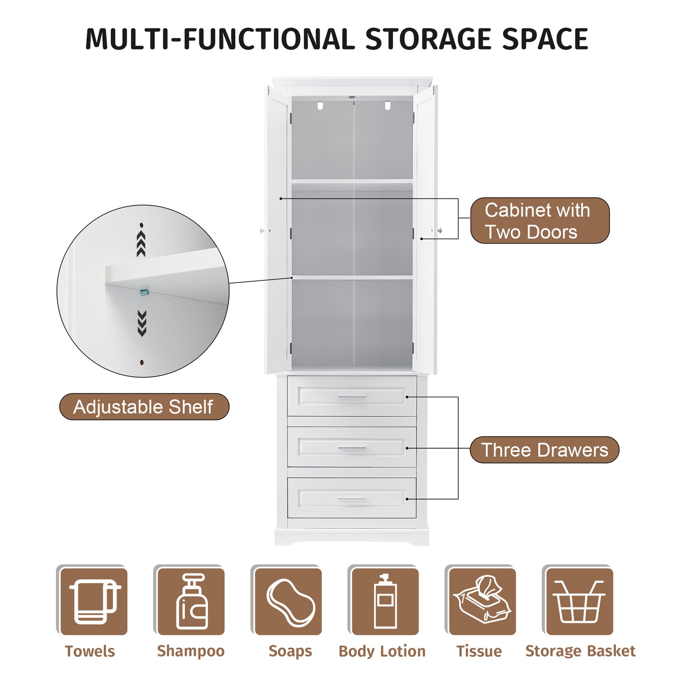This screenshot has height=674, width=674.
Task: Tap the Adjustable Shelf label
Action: coord(144,407)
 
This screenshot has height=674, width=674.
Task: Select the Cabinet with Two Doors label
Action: coord(540,220)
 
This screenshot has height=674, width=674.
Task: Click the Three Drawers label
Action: coord(544,450)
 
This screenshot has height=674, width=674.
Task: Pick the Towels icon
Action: coord(94,602)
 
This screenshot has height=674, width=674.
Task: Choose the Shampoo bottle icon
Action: coord(191,602)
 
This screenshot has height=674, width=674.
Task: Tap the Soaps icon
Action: coord(288,602)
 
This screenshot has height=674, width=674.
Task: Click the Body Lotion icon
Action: coord(385,602)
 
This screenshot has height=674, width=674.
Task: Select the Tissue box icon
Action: coord(482,602)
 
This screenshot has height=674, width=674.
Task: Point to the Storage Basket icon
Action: coord(580,602)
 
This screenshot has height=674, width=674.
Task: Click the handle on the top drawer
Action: coord(352,397)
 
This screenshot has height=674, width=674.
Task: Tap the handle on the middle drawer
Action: coord(352,448)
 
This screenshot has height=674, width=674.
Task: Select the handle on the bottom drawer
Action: coord(352,499)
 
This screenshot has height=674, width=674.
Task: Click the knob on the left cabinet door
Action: coord(262,230)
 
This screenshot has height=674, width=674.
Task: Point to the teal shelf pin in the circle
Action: coord(144,292)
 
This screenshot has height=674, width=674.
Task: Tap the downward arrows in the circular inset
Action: coord(142,324)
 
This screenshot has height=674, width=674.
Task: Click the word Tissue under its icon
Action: coord(479,651)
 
